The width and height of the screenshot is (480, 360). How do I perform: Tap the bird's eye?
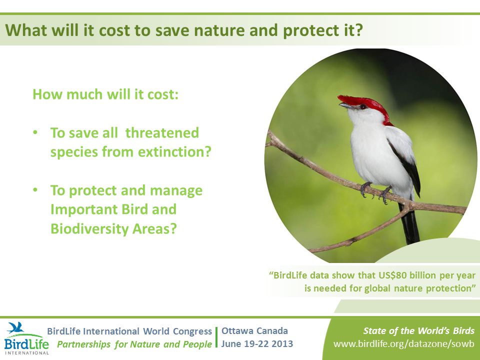click(363, 107)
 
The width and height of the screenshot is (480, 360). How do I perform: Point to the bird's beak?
click(346, 106)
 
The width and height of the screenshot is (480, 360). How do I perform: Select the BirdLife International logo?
click(26, 338)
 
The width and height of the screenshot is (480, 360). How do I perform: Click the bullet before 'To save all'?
click(35, 132)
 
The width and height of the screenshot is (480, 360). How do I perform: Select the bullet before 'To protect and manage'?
click(35, 190)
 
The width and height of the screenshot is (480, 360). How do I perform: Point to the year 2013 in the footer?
click(281, 344)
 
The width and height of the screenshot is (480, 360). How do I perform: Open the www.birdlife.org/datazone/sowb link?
click(404, 344)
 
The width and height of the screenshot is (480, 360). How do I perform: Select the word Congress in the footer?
click(192, 331)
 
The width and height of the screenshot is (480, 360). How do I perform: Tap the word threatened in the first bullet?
click(162, 133)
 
